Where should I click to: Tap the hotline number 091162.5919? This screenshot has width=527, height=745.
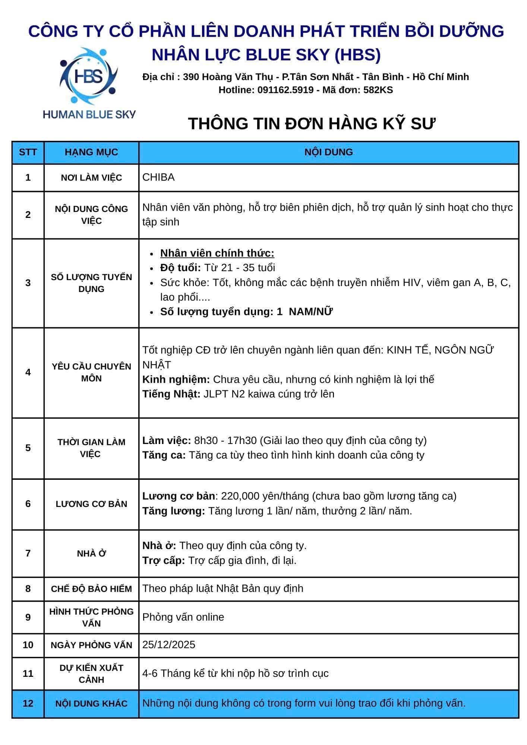click(285, 90)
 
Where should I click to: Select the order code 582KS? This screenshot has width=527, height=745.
click(378, 90)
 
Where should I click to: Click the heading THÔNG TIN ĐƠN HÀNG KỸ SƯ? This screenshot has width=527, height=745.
click(312, 123)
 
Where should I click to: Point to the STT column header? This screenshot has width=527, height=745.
click(28, 152)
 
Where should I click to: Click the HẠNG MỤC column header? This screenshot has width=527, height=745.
click(91, 152)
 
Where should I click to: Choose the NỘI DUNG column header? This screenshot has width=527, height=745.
click(328, 152)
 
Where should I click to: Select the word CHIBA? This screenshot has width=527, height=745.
click(158, 177)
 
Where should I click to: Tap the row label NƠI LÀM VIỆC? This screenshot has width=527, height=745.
click(91, 178)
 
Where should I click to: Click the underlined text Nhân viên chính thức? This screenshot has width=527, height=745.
click(217, 253)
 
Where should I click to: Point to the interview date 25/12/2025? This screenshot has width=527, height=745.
click(169, 645)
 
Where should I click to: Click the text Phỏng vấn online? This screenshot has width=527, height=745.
click(183, 617)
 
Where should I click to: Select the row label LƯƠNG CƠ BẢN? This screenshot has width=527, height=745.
click(91, 504)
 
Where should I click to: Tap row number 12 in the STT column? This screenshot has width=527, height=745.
click(28, 703)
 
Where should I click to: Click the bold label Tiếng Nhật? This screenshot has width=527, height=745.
click(171, 394)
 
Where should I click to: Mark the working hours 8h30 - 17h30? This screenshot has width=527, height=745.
click(225, 441)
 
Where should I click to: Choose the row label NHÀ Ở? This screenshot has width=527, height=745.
click(91, 554)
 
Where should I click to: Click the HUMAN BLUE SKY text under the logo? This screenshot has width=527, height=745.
click(89, 114)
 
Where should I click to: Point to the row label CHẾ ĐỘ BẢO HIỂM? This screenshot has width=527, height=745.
click(91, 589)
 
